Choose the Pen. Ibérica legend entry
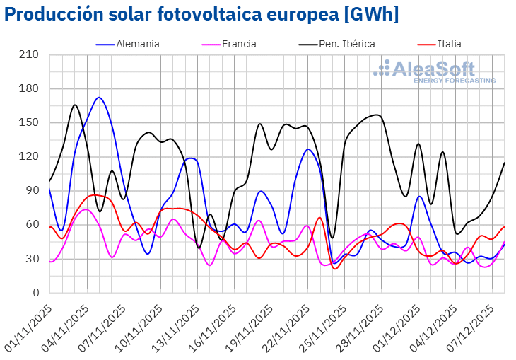point(346,44)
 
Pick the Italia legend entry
point(449,44)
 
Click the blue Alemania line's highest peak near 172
point(99,98)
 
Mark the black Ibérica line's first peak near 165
point(75,105)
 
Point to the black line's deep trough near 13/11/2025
point(199,248)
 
